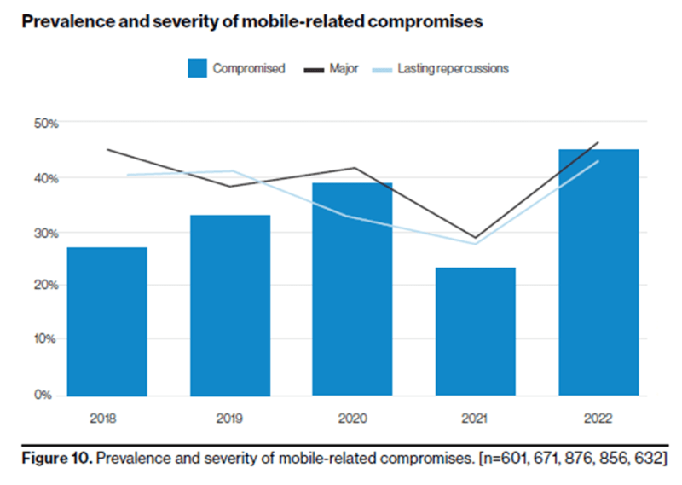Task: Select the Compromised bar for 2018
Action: pyautogui.click(x=107, y=321)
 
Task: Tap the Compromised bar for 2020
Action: pyautogui.click(x=352, y=289)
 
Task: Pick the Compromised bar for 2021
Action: pyautogui.click(x=475, y=332)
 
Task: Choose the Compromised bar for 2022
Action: pyautogui.click(x=598, y=273)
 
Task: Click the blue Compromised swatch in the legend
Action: pyautogui.click(x=198, y=69)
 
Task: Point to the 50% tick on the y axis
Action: pyautogui.click(x=46, y=124)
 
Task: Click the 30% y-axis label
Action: pyautogui.click(x=46, y=233)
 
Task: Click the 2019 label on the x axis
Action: pyautogui.click(x=230, y=419)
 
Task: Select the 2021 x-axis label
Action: pyautogui.click(x=475, y=419)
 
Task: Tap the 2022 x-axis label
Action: pyautogui.click(x=598, y=419)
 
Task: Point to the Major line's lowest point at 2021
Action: pyautogui.click(x=475, y=238)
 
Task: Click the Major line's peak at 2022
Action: pyautogui.click(x=598, y=142)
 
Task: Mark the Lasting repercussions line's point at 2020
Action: pyautogui.click(x=352, y=216)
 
